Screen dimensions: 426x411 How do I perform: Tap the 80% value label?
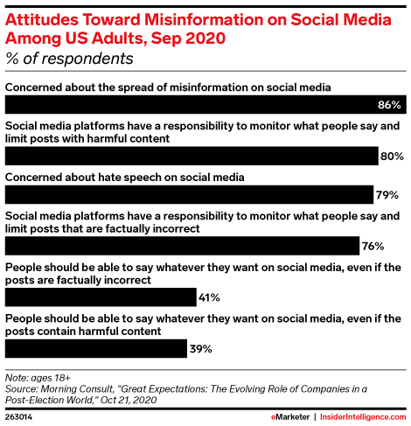(x=391, y=157)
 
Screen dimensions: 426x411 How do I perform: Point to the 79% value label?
(x=387, y=194)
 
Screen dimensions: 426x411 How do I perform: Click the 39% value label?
(x=201, y=349)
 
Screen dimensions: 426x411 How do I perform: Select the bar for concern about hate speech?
(x=189, y=194)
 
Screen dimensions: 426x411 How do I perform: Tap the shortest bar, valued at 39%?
(x=96, y=349)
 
